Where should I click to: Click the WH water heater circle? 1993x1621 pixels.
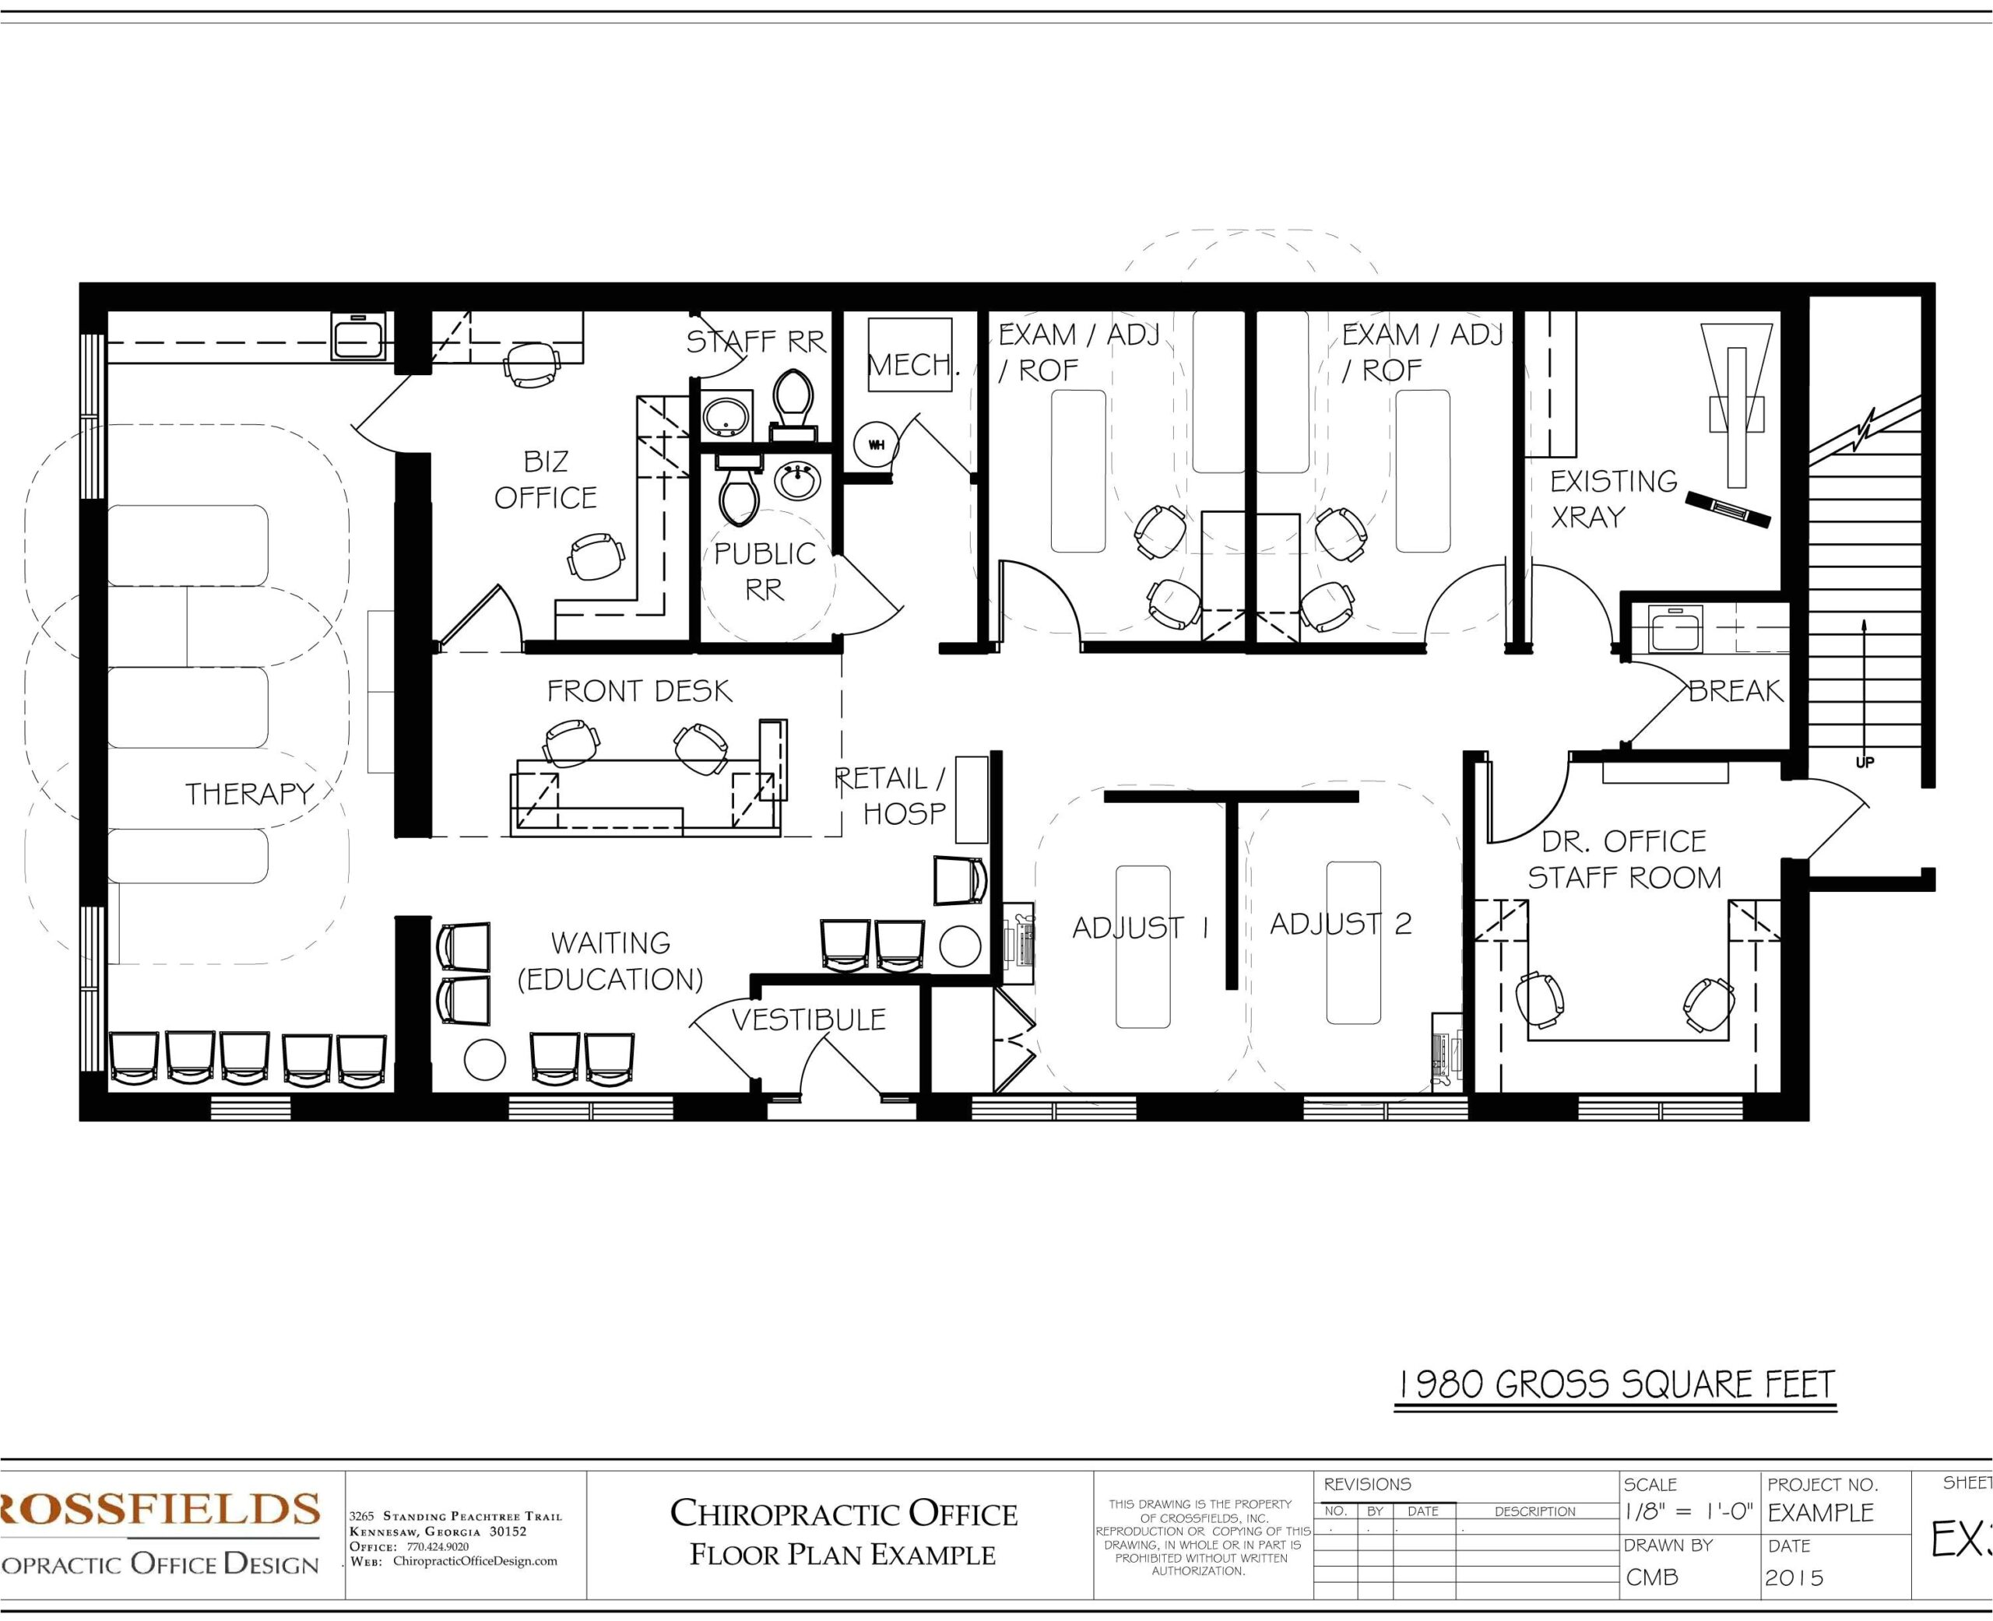click(876, 444)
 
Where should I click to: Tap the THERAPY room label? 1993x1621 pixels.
click(249, 794)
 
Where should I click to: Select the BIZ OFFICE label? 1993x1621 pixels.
click(546, 480)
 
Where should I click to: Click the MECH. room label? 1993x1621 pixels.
click(913, 364)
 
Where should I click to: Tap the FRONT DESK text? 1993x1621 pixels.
click(639, 691)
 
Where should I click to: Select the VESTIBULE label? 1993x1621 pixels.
click(808, 1019)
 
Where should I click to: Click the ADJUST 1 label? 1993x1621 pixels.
click(1141, 928)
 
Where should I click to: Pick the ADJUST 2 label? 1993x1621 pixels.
click(1340, 925)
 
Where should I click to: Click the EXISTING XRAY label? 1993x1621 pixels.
click(1614, 499)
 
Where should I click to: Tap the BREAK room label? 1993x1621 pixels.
click(1735, 691)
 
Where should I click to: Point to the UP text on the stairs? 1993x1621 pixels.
click(1864, 763)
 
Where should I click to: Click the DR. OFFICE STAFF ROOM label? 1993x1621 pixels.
click(1623, 860)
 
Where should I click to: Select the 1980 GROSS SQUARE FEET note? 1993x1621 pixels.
click(1615, 1384)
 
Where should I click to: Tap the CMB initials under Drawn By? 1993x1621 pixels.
click(1652, 1578)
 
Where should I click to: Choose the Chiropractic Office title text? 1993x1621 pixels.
click(843, 1514)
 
